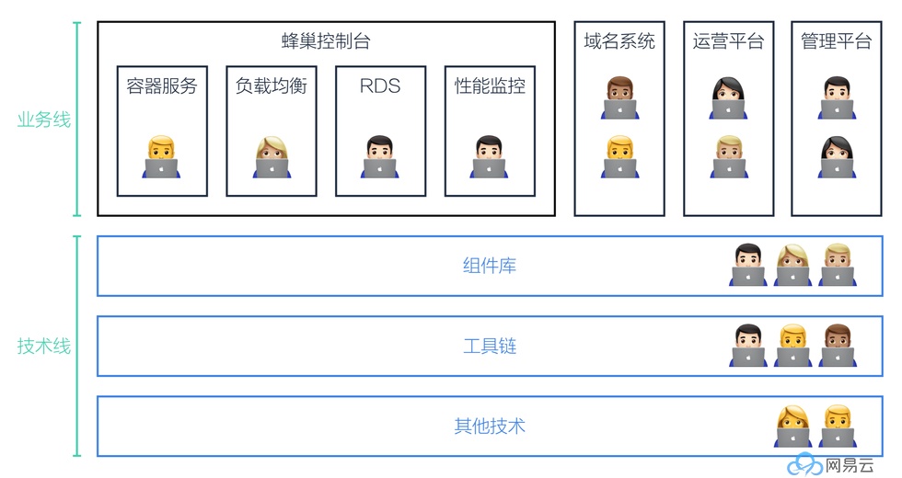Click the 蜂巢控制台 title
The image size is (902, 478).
pyautogui.click(x=326, y=41)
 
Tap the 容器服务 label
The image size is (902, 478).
pyautogui.click(x=162, y=86)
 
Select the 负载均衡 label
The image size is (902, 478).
pyautogui.click(x=271, y=86)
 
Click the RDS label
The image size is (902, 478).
pyautogui.click(x=380, y=86)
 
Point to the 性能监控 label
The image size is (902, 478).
pyautogui.click(x=490, y=86)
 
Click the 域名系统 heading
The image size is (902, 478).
pyautogui.click(x=619, y=41)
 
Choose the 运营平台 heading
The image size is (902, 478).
pyautogui.click(x=728, y=41)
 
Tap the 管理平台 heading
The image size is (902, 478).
pyautogui.click(x=836, y=41)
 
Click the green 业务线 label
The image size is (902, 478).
pyautogui.click(x=43, y=120)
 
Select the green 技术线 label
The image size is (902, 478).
pyautogui.click(x=43, y=347)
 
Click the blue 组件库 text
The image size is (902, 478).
pyautogui.click(x=489, y=267)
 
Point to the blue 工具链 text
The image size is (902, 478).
pyautogui.click(x=489, y=347)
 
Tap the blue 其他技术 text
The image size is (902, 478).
pyautogui.click(x=489, y=427)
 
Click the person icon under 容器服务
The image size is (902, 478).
pyautogui.click(x=161, y=157)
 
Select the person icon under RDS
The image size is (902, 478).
pyautogui.click(x=379, y=157)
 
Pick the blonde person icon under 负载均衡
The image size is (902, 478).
pyautogui.click(x=271, y=157)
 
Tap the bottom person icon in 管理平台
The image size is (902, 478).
pyautogui.click(x=836, y=157)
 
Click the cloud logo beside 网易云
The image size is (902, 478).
pyautogui.click(x=804, y=464)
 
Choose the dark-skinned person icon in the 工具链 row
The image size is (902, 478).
pyautogui.click(x=836, y=346)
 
